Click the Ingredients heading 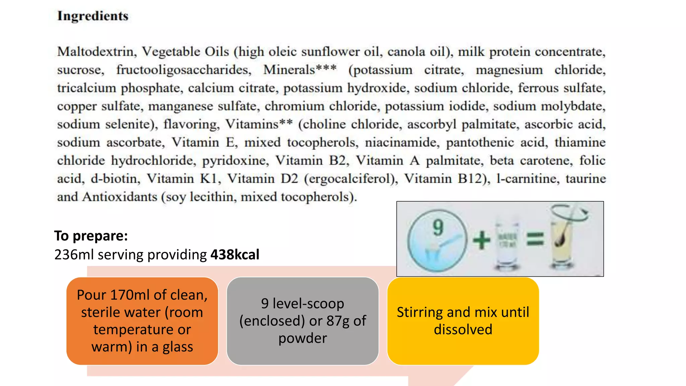93,16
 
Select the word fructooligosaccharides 184,70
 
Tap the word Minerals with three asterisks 300,70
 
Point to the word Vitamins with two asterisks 259,124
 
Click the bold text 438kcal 235,255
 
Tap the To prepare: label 91,236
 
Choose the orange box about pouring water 142,321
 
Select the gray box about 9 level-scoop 302,321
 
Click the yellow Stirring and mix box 463,321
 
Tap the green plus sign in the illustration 481,240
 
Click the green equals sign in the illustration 535,239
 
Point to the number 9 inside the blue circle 438,228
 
